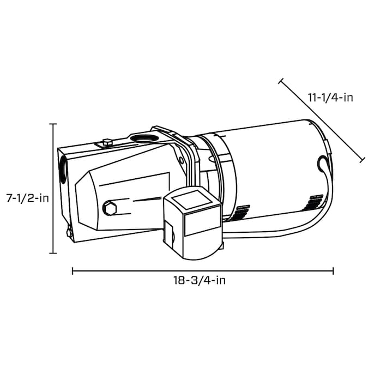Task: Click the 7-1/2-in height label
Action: click(x=27, y=198)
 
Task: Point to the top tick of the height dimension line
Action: click(x=53, y=124)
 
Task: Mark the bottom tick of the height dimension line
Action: click(x=53, y=253)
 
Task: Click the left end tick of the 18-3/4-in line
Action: click(x=73, y=270)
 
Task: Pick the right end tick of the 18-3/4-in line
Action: click(x=333, y=270)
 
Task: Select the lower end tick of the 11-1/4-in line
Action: click(x=361, y=160)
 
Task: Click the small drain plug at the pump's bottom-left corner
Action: click(x=69, y=233)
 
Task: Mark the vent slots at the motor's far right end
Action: click(x=315, y=200)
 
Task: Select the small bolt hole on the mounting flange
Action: click(x=180, y=159)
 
